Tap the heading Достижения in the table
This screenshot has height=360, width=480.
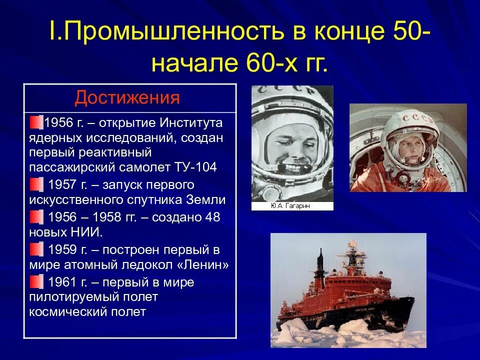coord(127,97)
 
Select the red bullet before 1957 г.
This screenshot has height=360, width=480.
coord(36,185)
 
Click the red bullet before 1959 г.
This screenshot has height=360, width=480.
coord(36,249)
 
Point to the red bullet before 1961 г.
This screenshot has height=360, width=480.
coord(36,282)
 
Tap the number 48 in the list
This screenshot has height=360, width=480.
coord(212,217)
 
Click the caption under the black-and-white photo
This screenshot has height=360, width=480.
coord(292,206)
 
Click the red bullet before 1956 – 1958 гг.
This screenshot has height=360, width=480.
coord(36,217)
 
